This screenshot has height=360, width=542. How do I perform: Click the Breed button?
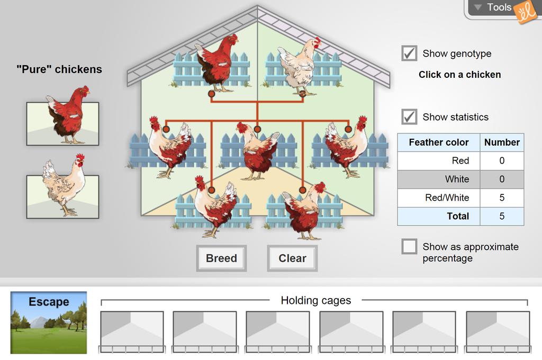(221, 258)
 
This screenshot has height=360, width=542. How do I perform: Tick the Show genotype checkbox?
(409, 53)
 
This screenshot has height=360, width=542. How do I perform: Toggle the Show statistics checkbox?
(409, 117)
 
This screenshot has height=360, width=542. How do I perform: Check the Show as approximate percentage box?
(409, 247)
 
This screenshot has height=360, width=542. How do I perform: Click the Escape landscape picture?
(49, 322)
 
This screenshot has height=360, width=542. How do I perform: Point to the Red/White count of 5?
(502, 197)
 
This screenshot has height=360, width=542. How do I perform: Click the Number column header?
(502, 142)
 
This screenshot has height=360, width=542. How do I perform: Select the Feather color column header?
(439, 142)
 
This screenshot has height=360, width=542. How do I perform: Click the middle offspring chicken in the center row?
(258, 151)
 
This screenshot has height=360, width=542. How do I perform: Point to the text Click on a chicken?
(459, 75)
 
